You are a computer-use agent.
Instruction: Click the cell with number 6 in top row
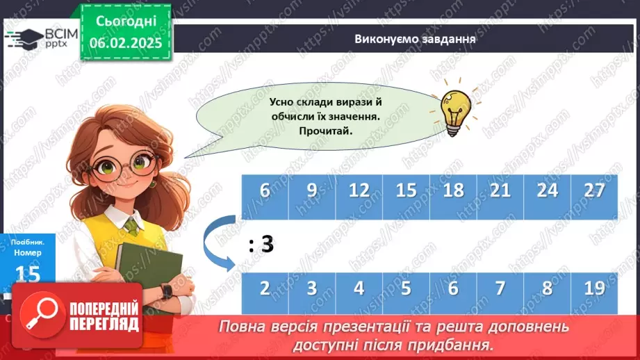point(264,191)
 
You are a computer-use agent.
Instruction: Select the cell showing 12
point(359,191)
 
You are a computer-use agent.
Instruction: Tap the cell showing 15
point(406,191)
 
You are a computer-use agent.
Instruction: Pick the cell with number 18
point(453,191)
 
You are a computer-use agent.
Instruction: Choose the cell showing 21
point(500,191)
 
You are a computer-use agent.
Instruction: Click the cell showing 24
point(548,191)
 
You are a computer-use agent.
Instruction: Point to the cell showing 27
point(595,191)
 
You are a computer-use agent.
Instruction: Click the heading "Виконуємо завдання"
point(414,39)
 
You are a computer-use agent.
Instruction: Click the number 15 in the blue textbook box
point(28,273)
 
